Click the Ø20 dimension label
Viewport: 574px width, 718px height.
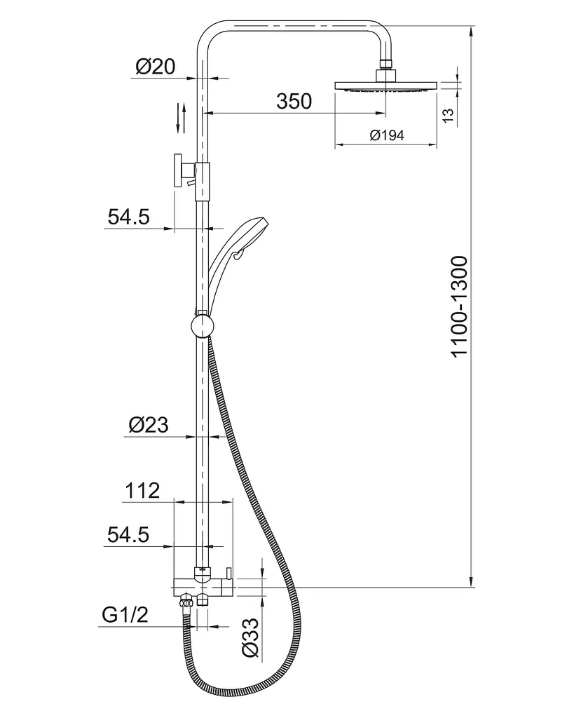tap(155, 67)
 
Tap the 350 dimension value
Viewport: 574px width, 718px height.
tap(294, 101)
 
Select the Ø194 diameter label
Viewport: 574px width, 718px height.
tap(387, 135)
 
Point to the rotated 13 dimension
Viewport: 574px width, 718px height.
tap(449, 114)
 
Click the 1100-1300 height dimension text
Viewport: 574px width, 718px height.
tap(460, 306)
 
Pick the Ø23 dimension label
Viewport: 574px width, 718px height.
tap(149, 425)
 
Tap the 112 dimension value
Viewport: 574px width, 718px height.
tap(142, 490)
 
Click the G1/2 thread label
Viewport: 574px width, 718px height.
tap(125, 614)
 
